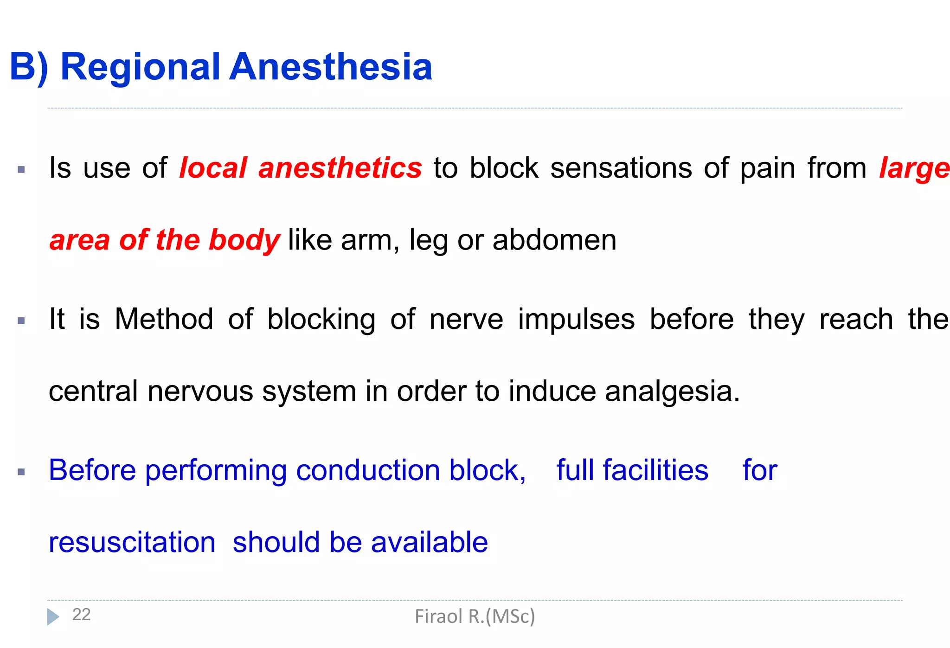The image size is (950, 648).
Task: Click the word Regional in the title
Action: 140,67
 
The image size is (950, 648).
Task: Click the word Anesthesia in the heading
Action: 331,67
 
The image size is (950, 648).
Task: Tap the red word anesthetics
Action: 340,168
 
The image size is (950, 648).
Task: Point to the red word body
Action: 244,240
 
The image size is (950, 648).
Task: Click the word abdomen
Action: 554,240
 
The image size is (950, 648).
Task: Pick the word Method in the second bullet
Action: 164,319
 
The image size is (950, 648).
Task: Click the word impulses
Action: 576,320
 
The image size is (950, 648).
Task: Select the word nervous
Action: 200,391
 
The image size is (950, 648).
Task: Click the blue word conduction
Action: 368,470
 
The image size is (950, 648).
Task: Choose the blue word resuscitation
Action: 132,542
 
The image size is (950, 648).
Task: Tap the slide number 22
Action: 81,615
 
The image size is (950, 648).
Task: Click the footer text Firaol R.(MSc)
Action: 475,616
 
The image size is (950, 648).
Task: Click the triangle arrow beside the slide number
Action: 53,616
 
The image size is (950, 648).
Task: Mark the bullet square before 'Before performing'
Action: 21,472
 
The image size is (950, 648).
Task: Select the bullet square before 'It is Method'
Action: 21,321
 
